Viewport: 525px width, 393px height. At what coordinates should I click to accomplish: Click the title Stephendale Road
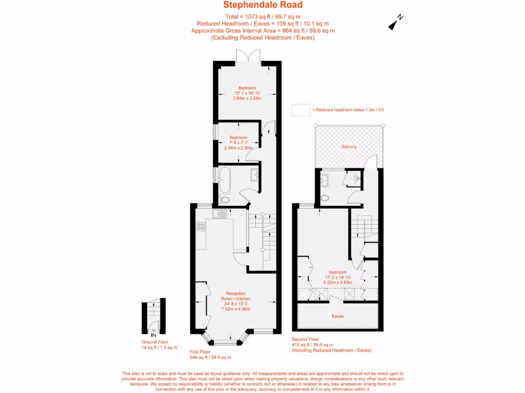pyautogui.click(x=262, y=5)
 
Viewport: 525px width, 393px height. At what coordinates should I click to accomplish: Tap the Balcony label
pyautogui.click(x=349, y=147)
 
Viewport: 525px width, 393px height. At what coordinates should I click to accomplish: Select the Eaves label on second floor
pyautogui.click(x=337, y=316)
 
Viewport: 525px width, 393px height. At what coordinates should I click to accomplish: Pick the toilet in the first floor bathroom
pyautogui.click(x=224, y=199)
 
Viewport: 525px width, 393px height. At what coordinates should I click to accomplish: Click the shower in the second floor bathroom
pyautogui.click(x=353, y=179)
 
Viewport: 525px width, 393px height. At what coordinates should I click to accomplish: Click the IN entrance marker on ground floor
pyautogui.click(x=153, y=335)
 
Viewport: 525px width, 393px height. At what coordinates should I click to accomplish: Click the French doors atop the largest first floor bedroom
pyautogui.click(x=248, y=56)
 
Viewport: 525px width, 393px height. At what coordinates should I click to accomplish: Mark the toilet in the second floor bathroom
pyautogui.click(x=325, y=198)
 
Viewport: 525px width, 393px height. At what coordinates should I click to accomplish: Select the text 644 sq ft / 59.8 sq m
pyautogui.click(x=210, y=358)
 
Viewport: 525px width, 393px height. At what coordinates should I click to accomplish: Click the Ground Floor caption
pyautogui.click(x=154, y=342)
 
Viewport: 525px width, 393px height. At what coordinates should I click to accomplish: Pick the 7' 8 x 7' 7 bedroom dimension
pyautogui.click(x=238, y=143)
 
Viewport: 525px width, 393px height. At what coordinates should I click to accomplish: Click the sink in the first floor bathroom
pyautogui.click(x=255, y=175)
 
